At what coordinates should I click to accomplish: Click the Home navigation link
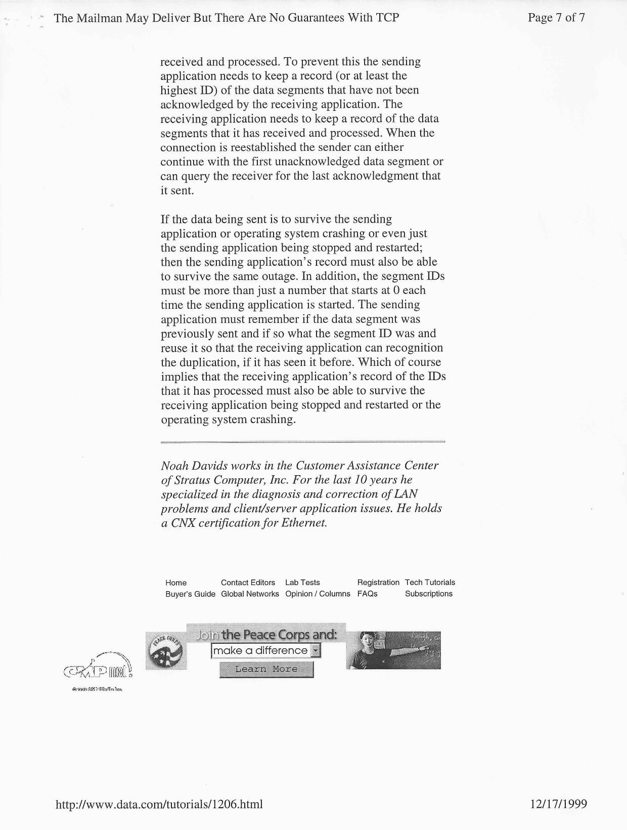tap(176, 583)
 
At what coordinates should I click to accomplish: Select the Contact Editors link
tap(248, 583)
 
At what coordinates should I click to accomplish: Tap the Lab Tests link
tap(302, 583)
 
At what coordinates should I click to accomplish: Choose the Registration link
tap(378, 583)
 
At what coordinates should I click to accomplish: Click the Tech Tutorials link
tap(430, 583)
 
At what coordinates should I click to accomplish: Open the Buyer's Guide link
tap(190, 594)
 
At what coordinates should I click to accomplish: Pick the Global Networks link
tap(250, 594)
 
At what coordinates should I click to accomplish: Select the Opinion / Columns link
tap(318, 594)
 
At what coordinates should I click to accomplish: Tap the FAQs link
tap(367, 594)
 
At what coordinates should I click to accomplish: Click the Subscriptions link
tap(429, 594)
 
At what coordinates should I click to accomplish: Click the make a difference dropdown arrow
tap(316, 650)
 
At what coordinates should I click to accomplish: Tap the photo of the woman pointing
tap(393, 650)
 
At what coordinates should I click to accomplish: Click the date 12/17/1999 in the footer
tap(559, 804)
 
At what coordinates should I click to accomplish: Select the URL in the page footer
tap(159, 804)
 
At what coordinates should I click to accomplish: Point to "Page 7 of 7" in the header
tap(556, 18)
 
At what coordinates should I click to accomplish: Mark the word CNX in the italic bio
tap(184, 523)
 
